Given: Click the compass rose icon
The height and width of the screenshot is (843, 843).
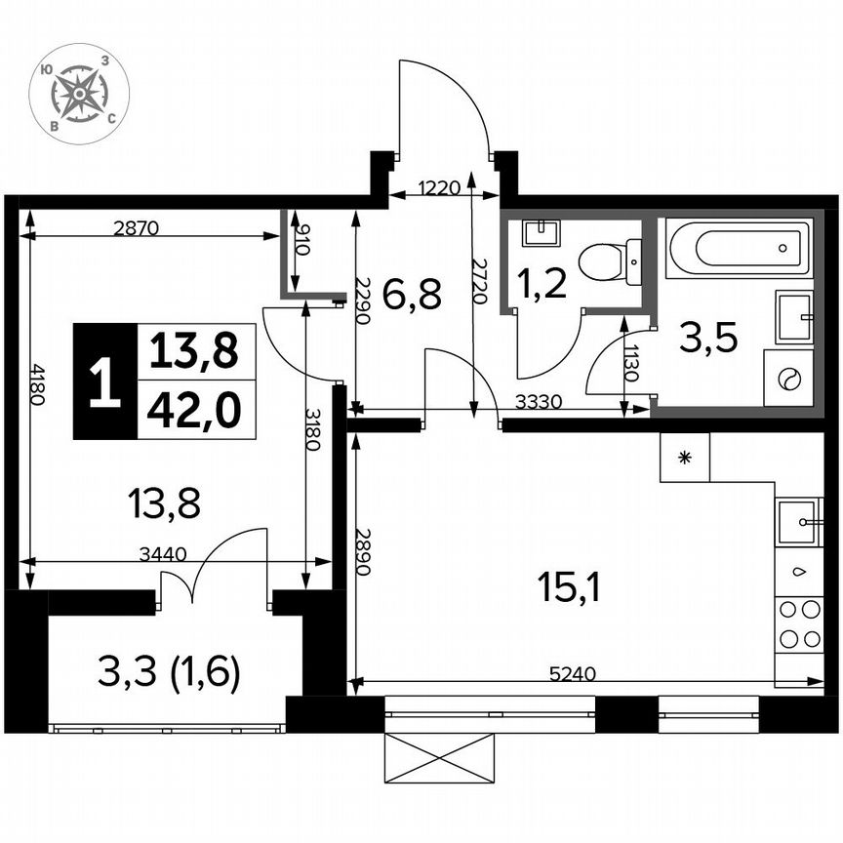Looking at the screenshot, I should coord(80,94).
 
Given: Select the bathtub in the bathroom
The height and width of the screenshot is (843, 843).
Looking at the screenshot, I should coord(739,249).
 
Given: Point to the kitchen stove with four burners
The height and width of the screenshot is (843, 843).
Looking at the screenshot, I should coord(799,624).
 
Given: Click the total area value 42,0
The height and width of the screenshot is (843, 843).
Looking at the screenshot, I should coord(193,412).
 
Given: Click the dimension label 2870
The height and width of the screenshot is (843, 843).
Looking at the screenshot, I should coord(136,229).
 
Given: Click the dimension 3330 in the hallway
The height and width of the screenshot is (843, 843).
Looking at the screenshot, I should coord(539,402).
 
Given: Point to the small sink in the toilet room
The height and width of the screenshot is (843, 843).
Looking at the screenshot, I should coord(539,233).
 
